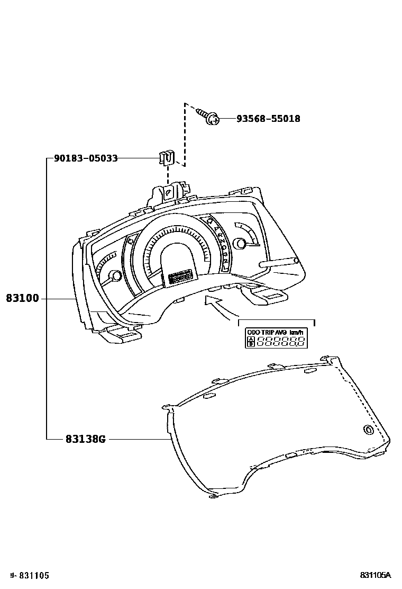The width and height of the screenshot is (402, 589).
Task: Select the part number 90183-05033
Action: (86, 158)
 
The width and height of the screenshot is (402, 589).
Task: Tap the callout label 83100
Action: (23, 299)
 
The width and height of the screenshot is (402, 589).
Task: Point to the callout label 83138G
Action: (86, 439)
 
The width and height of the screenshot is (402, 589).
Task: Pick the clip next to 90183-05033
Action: (167, 157)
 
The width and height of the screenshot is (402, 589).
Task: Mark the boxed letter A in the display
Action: (251, 339)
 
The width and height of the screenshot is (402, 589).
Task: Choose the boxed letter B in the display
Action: (251, 344)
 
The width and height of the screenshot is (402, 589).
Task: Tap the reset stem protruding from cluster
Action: (279, 262)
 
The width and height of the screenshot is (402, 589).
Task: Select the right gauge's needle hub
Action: (241, 243)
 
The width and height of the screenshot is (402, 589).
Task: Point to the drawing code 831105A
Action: (375, 575)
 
